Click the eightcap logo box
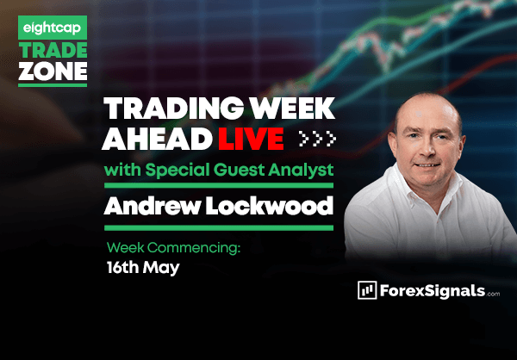(53, 28)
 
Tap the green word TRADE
(53, 51)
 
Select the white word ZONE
(53, 71)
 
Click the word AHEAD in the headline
(157, 139)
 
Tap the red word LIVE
(251, 139)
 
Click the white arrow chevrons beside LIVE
(317, 139)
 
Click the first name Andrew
(152, 207)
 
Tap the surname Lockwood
(270, 207)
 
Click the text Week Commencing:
(173, 247)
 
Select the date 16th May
(143, 268)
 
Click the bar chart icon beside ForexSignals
(367, 290)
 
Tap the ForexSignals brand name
(433, 291)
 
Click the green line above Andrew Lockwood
(219, 186)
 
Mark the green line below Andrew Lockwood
(219, 228)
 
